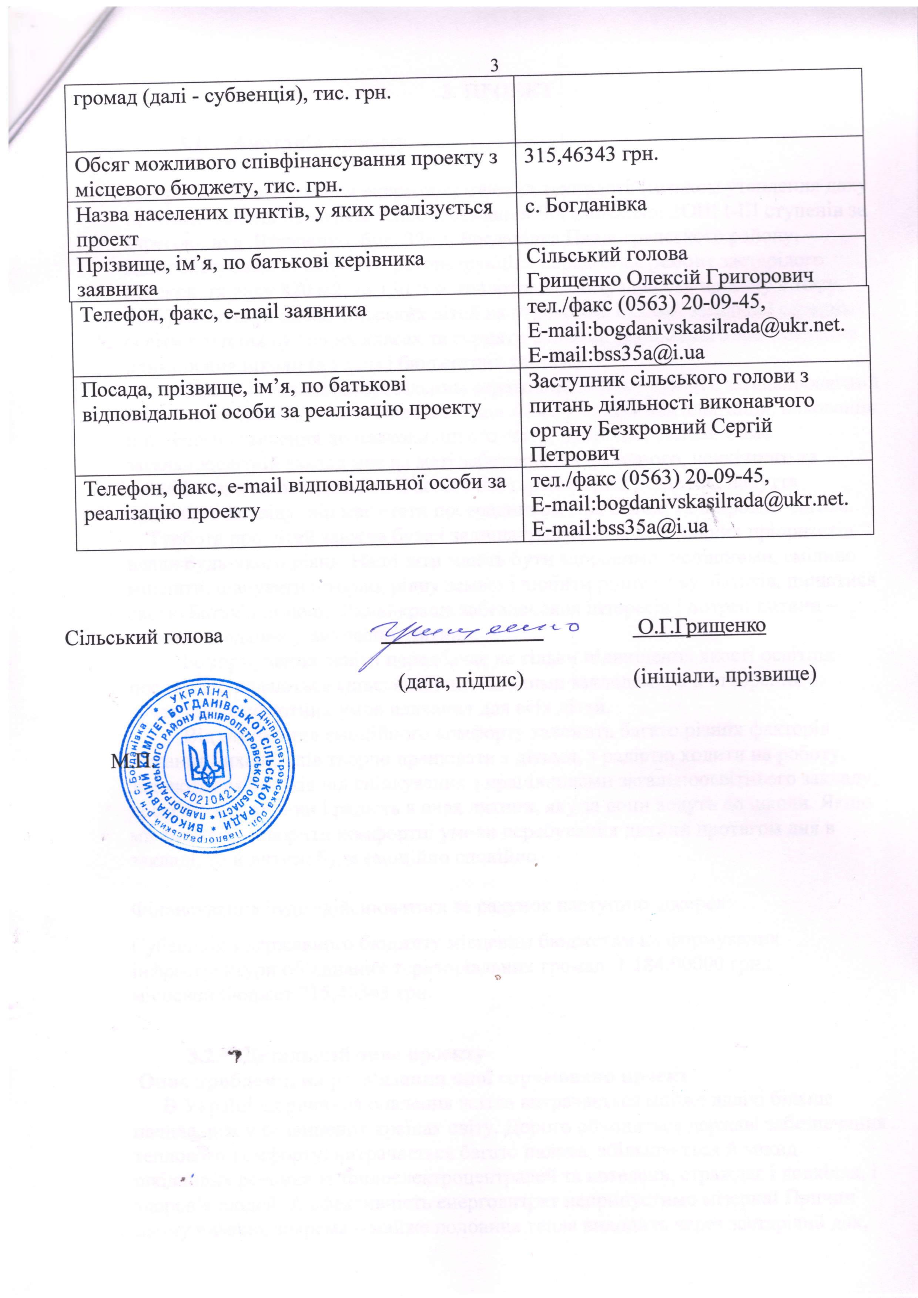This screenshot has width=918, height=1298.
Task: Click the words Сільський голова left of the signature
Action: point(144,636)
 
